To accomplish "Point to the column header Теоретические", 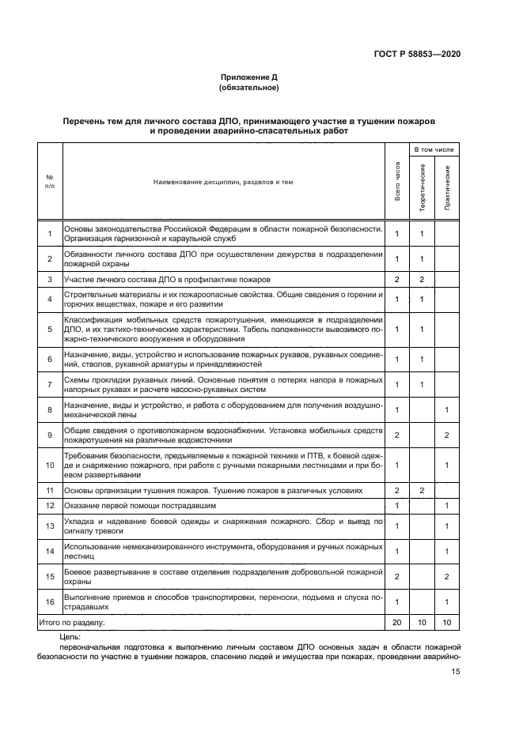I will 423,187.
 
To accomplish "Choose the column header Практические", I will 448,187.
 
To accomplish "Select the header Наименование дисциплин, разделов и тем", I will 222,182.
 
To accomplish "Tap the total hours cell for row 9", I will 397,435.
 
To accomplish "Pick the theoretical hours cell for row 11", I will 423,490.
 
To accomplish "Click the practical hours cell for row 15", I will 448,576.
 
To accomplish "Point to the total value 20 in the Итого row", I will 397,623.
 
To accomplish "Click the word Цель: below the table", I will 70,635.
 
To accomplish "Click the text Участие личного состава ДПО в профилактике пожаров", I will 166,280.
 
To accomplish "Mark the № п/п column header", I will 49,182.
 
